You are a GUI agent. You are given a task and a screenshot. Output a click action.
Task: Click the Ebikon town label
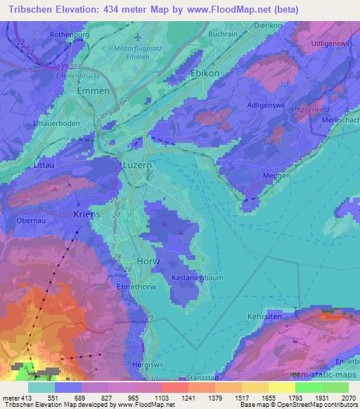point(205,73)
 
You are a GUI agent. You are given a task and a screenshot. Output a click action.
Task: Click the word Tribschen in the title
point(31,10)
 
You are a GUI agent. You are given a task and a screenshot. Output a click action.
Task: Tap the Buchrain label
point(222,34)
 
